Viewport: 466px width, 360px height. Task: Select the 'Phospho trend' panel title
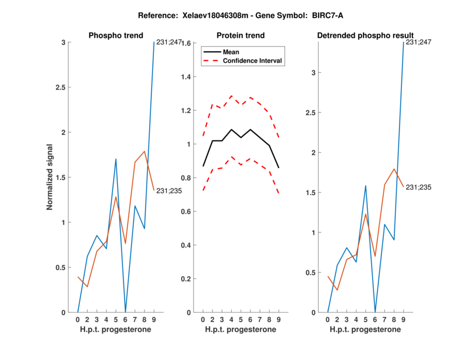pos(116,36)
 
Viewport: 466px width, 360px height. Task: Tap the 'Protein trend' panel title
pos(240,36)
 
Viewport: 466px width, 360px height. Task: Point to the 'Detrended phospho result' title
pos(365,36)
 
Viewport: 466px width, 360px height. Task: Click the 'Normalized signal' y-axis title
pos(50,177)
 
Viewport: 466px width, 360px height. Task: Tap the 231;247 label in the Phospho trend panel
pos(169,43)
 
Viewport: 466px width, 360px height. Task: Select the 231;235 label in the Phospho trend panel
pos(170,189)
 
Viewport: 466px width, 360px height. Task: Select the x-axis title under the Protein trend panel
pos(241,330)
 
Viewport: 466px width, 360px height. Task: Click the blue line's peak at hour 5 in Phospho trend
pos(116,159)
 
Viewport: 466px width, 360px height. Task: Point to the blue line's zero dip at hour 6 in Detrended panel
pos(375,312)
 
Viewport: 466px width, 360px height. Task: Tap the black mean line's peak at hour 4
pos(231,129)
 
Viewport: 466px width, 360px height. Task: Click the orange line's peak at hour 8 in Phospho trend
pos(144,151)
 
